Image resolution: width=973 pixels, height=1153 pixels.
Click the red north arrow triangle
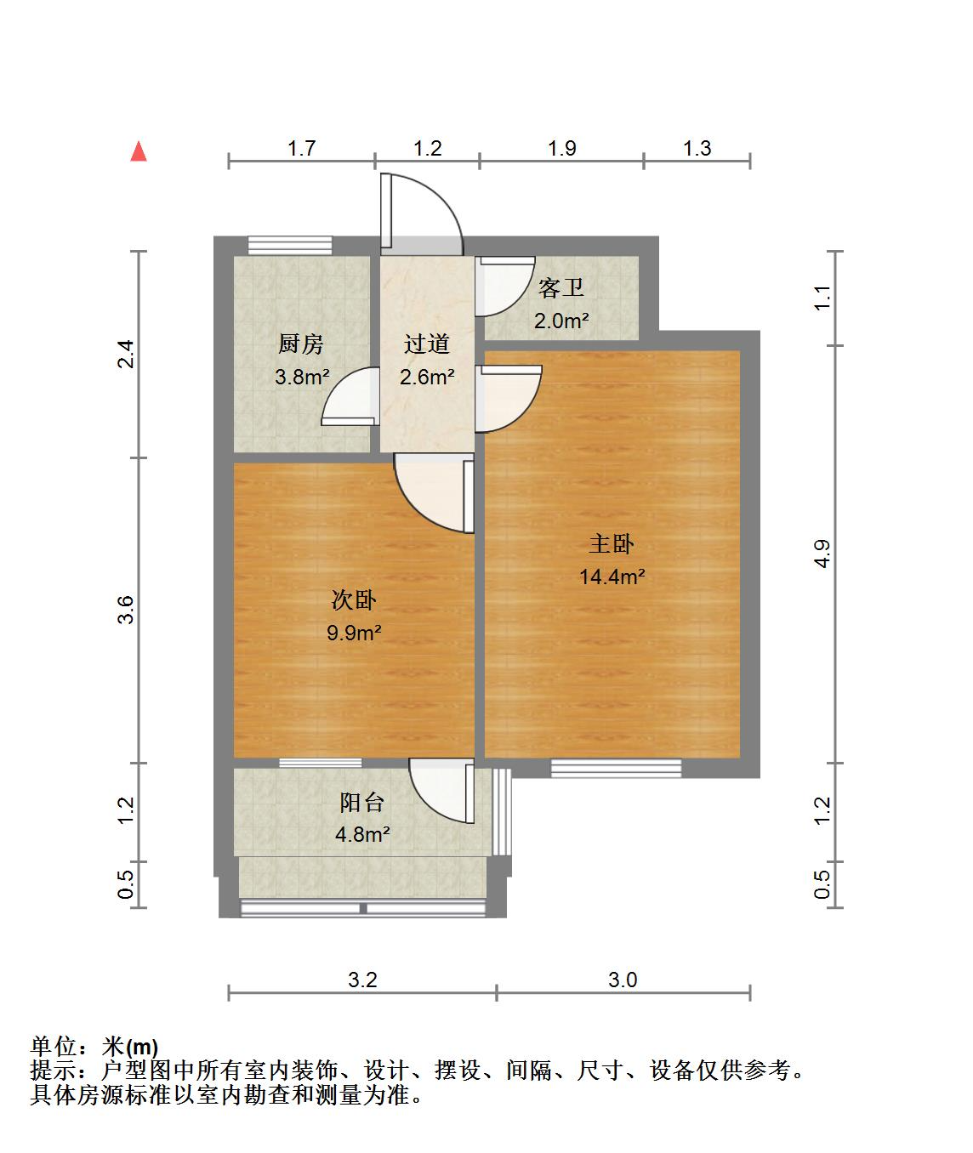139,152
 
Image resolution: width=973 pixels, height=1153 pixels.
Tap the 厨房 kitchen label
300,344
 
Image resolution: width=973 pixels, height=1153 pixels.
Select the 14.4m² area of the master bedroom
612,577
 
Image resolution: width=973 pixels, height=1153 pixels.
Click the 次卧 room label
354,600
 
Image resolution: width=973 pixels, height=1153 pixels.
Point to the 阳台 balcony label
362,803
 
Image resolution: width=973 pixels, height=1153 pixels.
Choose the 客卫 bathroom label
560,287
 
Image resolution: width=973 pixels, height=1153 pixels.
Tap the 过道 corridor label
427,344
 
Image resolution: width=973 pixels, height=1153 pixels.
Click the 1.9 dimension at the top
562,148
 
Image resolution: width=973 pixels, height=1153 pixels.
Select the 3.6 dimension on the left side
126,610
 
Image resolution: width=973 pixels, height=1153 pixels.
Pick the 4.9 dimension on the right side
822,554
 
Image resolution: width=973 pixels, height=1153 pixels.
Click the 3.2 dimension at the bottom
362,980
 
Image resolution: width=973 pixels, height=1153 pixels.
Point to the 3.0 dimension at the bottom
623,980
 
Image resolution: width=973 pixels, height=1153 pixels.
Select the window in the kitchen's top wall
290,245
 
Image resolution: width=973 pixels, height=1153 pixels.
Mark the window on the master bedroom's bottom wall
616,768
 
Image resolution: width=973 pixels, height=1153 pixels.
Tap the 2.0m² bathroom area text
561,321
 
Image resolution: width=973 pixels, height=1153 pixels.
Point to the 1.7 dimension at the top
302,148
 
